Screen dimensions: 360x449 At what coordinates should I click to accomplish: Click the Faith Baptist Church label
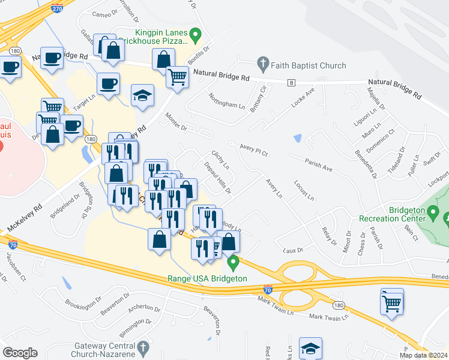pyautogui.click(x=308, y=65)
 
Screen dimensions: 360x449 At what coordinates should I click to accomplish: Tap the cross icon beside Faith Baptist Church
pyautogui.click(x=262, y=62)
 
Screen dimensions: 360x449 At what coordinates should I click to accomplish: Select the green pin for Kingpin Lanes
pyautogui.click(x=195, y=35)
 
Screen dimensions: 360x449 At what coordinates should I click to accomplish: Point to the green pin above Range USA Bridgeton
pyautogui.click(x=233, y=262)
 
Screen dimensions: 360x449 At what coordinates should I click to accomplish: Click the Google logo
pyautogui.click(x=20, y=352)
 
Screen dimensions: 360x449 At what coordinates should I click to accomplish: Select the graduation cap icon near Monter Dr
pyautogui.click(x=143, y=96)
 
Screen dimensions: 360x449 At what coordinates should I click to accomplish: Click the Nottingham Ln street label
pyautogui.click(x=226, y=100)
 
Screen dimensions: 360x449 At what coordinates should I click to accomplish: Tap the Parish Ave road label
pyautogui.click(x=318, y=164)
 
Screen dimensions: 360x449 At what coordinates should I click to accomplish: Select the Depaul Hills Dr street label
pyautogui.click(x=218, y=178)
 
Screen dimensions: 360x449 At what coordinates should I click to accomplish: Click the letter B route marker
pyautogui.click(x=291, y=82)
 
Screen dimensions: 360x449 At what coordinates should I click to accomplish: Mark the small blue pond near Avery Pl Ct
pyautogui.click(x=298, y=138)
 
